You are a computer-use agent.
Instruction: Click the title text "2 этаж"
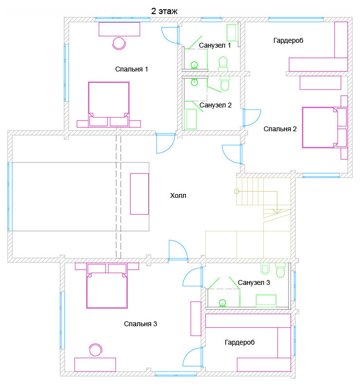pyautogui.click(x=164, y=11)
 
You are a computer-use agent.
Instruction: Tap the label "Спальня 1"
pyautogui.click(x=131, y=69)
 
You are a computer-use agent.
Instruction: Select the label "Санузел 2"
pyautogui.click(x=216, y=105)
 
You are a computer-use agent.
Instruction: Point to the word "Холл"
pyautogui.click(x=178, y=196)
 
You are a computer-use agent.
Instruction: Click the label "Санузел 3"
pyautogui.click(x=254, y=282)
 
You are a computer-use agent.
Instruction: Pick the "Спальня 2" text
pyautogui.click(x=280, y=129)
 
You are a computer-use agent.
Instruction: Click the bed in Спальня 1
pyautogui.click(x=108, y=105)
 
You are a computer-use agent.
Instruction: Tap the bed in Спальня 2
pyautogui.click(x=325, y=127)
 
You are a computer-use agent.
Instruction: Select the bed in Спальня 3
pyautogui.click(x=107, y=286)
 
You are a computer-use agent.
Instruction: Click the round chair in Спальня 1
pyautogui.click(x=119, y=43)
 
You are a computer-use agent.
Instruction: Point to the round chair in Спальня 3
pyautogui.click(x=96, y=350)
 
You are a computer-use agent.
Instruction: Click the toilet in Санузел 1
pyautogui.click(x=223, y=64)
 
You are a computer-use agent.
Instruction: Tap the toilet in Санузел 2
pyautogui.click(x=225, y=84)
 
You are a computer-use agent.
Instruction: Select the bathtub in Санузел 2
pyautogui.click(x=191, y=119)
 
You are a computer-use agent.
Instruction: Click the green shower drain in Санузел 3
pyautogui.click(x=222, y=302)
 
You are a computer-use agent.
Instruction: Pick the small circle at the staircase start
pyautogui.click(x=236, y=191)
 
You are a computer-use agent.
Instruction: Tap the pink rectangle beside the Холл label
pyautogui.click(x=140, y=194)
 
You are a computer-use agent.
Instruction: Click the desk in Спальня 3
pyautogui.click(x=95, y=365)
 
